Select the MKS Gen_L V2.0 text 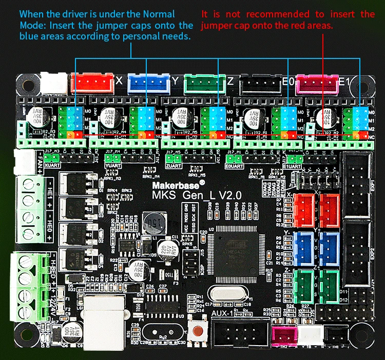(x=192, y=195)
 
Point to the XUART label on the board (x=53, y=166)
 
